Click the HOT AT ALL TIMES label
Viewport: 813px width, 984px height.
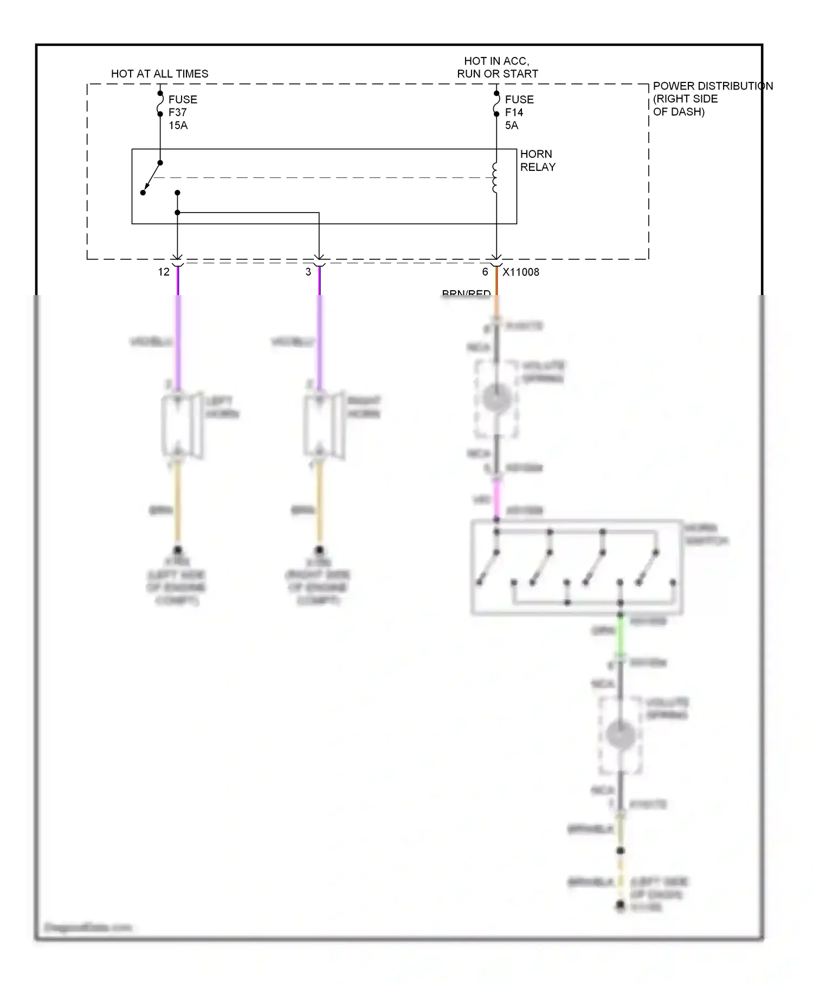point(159,74)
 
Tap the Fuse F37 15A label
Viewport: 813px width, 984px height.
point(182,112)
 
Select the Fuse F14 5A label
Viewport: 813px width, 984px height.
point(519,112)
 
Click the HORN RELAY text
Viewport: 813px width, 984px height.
point(537,161)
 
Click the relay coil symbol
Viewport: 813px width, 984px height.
point(494,177)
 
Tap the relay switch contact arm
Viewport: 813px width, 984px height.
point(152,177)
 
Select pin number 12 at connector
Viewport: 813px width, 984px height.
point(164,272)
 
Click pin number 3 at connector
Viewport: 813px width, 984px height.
point(308,272)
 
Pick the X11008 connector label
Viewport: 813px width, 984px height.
point(520,272)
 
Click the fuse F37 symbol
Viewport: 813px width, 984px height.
point(160,104)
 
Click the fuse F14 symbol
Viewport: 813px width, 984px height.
point(496,104)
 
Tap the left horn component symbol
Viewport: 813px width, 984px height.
point(182,426)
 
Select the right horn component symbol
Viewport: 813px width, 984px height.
point(324,426)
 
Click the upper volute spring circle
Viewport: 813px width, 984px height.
point(496,399)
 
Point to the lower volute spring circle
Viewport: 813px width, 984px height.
point(621,735)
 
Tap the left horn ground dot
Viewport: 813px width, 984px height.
point(178,550)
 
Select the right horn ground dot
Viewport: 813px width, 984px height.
point(319,550)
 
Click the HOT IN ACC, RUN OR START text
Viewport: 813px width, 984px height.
point(497,67)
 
